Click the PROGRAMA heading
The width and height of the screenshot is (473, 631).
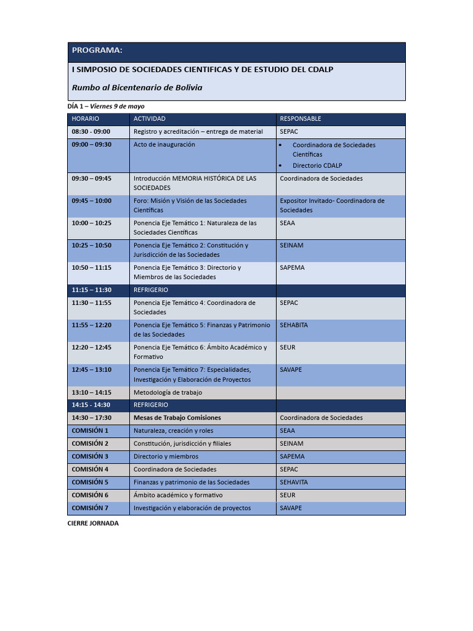tap(97, 50)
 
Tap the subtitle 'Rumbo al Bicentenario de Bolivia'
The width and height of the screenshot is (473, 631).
tap(137, 88)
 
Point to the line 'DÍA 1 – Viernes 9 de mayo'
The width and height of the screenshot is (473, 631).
tap(106, 107)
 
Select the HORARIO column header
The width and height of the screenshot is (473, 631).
tap(85, 118)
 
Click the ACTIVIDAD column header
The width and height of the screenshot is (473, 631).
tap(150, 118)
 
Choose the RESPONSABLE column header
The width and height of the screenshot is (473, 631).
tap(301, 118)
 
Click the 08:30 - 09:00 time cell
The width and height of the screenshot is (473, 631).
tap(91, 131)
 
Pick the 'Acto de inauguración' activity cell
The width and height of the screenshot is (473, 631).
tap(164, 144)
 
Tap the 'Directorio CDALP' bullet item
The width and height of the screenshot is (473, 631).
tap(317, 165)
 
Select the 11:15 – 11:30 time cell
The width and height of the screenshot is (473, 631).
tap(92, 290)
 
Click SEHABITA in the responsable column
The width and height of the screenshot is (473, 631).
tap(294, 325)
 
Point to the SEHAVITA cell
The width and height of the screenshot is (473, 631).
tap(294, 482)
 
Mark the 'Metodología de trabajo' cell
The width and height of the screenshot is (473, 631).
tap(168, 392)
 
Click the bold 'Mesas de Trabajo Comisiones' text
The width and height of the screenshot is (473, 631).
tap(177, 417)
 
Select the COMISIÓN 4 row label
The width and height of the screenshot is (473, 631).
tap(90, 469)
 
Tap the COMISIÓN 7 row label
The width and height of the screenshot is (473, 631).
tap(90, 508)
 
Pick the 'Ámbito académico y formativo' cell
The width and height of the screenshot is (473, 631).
tap(178, 495)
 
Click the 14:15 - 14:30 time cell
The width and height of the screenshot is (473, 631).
tap(91, 405)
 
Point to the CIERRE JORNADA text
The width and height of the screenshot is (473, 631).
tap(93, 523)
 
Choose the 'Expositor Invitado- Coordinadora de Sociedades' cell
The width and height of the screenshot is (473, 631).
tap(332, 205)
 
